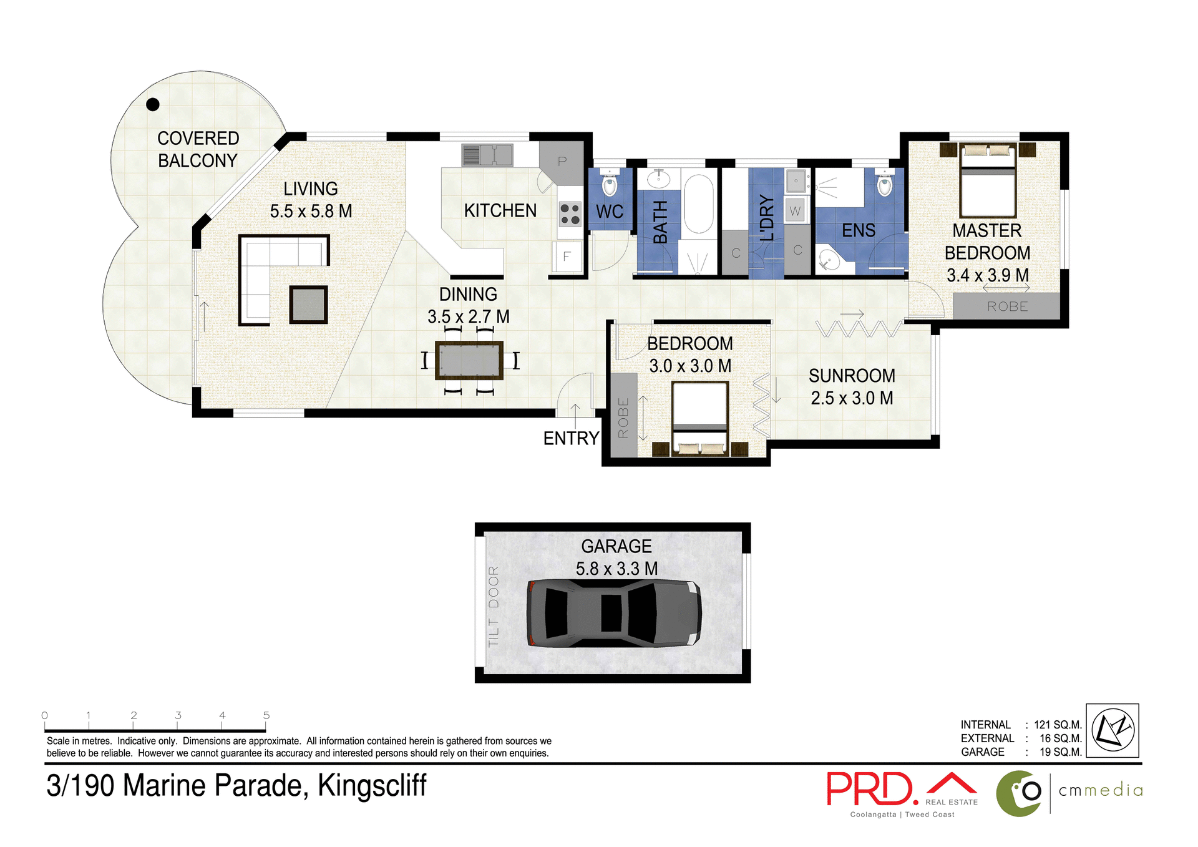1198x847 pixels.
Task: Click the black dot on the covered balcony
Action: coord(153,104)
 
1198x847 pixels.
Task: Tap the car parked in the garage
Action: coord(614,613)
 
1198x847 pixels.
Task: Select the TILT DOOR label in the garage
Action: coord(494,606)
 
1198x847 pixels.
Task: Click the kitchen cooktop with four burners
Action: coord(570,214)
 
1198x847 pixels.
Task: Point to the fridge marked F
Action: coord(567,257)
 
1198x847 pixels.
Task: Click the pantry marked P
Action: coord(562,162)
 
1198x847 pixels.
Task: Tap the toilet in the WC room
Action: coord(609,184)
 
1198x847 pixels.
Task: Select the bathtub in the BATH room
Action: coord(698,204)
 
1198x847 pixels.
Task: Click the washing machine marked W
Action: coord(795,211)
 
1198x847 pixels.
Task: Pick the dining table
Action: coord(469,360)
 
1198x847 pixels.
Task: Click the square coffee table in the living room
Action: coord(308,305)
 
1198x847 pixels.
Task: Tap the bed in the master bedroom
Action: coord(988,181)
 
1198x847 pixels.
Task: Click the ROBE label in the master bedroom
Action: coord(1007,306)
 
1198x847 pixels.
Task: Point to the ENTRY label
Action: coord(571,439)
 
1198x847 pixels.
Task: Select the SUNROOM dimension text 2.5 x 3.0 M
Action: coord(852,398)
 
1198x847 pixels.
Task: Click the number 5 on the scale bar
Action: coord(266,715)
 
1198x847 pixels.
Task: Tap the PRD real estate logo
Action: coord(872,789)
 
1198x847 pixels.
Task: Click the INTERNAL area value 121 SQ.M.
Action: coord(1058,725)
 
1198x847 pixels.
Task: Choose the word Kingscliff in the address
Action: coord(372,786)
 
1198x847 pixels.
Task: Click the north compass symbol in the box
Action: coord(1113,730)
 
